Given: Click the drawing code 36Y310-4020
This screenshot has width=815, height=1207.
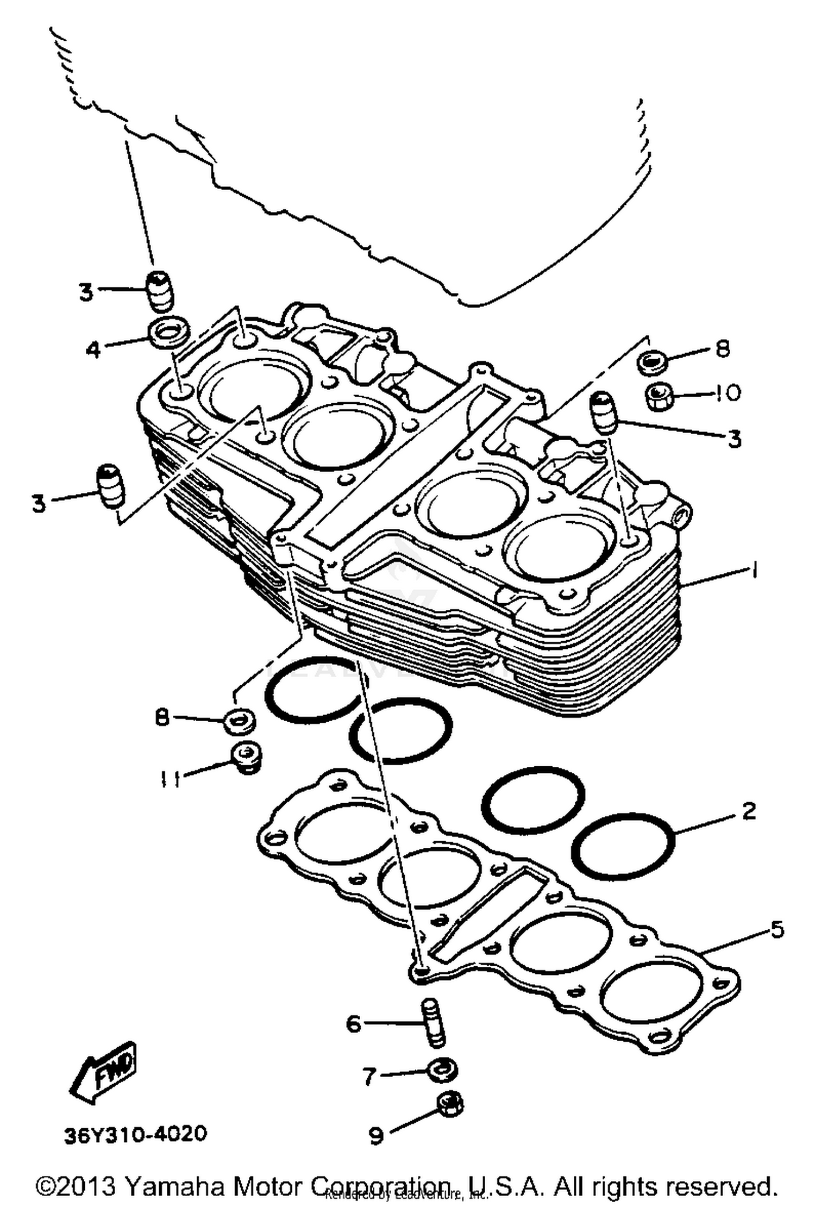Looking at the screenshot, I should coord(135,1135).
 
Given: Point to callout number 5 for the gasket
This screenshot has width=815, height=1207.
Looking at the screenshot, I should coord(778,929).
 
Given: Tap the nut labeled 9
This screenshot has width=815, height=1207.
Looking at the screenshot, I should coord(450,1105).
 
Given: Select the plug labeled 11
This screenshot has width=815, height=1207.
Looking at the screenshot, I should coord(247,757).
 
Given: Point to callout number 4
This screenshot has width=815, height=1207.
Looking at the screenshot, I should coord(93,349).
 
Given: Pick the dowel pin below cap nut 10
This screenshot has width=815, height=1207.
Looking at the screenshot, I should coord(604,412).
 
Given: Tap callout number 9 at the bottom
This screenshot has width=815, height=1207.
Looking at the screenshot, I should coord(377,1136).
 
